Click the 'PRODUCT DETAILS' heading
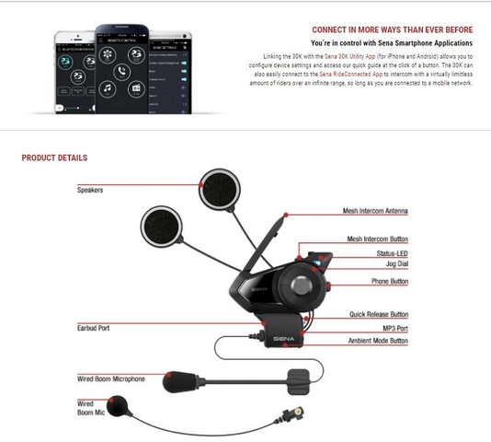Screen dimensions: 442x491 pos(54,157)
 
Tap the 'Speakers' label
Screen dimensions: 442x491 pos(90,190)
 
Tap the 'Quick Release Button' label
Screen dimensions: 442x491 pos(378,314)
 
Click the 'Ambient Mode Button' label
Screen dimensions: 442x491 pos(378,341)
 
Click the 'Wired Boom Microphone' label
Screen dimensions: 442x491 pos(110,378)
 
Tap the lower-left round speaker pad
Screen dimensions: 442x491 pos(161,225)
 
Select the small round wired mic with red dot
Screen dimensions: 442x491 pos(120,405)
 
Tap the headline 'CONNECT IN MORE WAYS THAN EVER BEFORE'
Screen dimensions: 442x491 pos(393,29)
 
